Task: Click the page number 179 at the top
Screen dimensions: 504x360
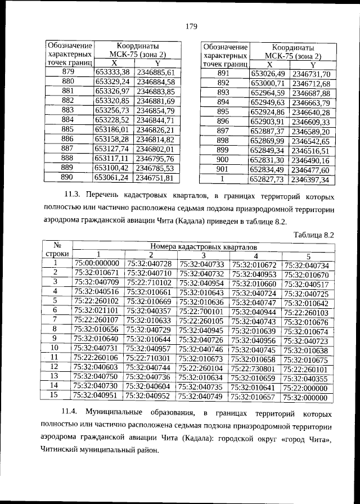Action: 190,25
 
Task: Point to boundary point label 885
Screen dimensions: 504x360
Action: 67,129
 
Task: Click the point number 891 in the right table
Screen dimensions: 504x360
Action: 223,74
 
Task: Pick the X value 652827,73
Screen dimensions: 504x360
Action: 267,179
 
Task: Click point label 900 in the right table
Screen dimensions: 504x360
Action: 223,160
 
